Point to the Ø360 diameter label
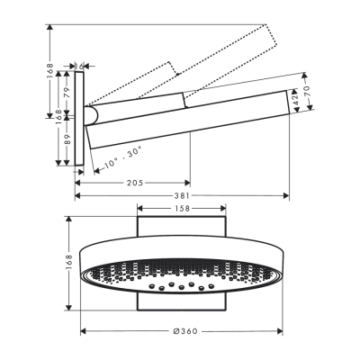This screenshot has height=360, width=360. click(185, 331)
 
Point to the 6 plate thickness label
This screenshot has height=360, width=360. click(82, 65)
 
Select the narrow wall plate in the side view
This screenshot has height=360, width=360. click(80, 119)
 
